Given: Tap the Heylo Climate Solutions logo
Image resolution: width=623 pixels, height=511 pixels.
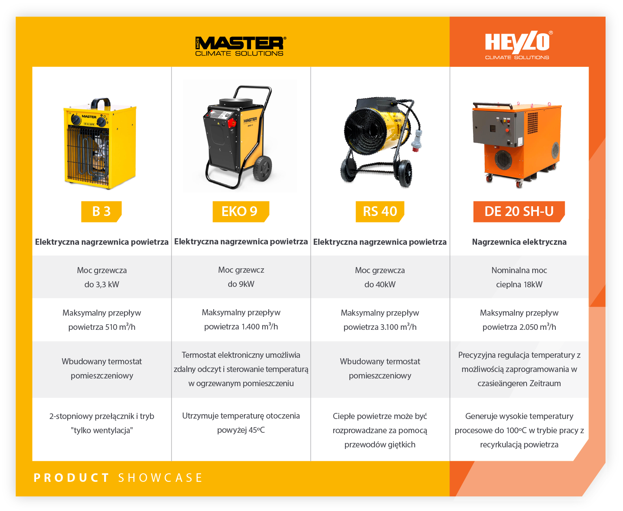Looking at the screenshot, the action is tap(518, 45).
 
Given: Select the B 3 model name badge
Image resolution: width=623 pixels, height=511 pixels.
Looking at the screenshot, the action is tap(101, 211).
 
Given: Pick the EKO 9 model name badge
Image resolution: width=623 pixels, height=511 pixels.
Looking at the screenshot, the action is tap(240, 211).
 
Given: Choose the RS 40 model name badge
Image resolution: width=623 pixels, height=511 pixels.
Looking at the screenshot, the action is tap(379, 211).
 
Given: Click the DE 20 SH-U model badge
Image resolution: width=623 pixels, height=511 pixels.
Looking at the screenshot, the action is tap(519, 211).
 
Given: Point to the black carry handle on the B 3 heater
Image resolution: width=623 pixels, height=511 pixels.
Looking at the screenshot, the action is tap(101, 103).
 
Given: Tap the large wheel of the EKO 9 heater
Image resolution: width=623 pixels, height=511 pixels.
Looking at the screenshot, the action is tap(263, 169).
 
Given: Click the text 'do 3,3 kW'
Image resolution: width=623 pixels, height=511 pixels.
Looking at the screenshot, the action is tap(102, 284).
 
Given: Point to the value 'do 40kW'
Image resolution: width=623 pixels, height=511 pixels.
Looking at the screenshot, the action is tap(379, 284).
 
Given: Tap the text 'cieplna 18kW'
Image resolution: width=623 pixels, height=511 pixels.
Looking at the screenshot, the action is tap(519, 284).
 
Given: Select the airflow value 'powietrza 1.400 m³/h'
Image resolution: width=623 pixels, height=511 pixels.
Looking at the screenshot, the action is tap(241, 326).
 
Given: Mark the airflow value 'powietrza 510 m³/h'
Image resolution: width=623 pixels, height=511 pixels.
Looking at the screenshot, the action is tap(102, 327).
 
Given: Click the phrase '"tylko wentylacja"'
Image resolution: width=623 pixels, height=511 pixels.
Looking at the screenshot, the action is tap(102, 430).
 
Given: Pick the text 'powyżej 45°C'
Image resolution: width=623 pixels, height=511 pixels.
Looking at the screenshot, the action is tap(241, 430).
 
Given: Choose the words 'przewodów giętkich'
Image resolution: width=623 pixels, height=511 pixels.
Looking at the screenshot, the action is tap(379, 445).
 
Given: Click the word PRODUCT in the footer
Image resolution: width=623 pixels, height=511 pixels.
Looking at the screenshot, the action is tap(71, 478).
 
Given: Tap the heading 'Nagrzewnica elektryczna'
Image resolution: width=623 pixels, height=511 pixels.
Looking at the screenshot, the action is tap(519, 242).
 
